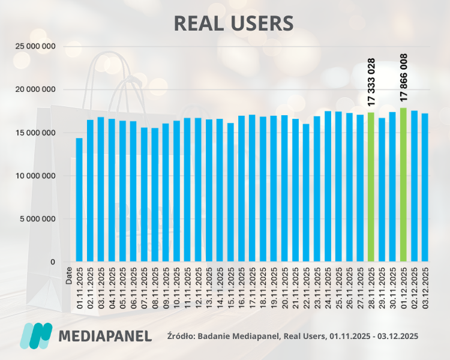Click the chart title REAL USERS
click(233, 23)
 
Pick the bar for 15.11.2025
click(230, 192)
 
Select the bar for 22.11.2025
click(306, 193)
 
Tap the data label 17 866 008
click(404, 77)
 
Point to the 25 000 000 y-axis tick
click(35, 46)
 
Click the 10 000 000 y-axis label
click(35, 176)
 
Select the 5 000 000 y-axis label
click(38, 219)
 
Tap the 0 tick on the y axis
click(53, 262)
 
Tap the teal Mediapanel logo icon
click(37, 335)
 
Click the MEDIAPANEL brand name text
click(105, 335)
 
